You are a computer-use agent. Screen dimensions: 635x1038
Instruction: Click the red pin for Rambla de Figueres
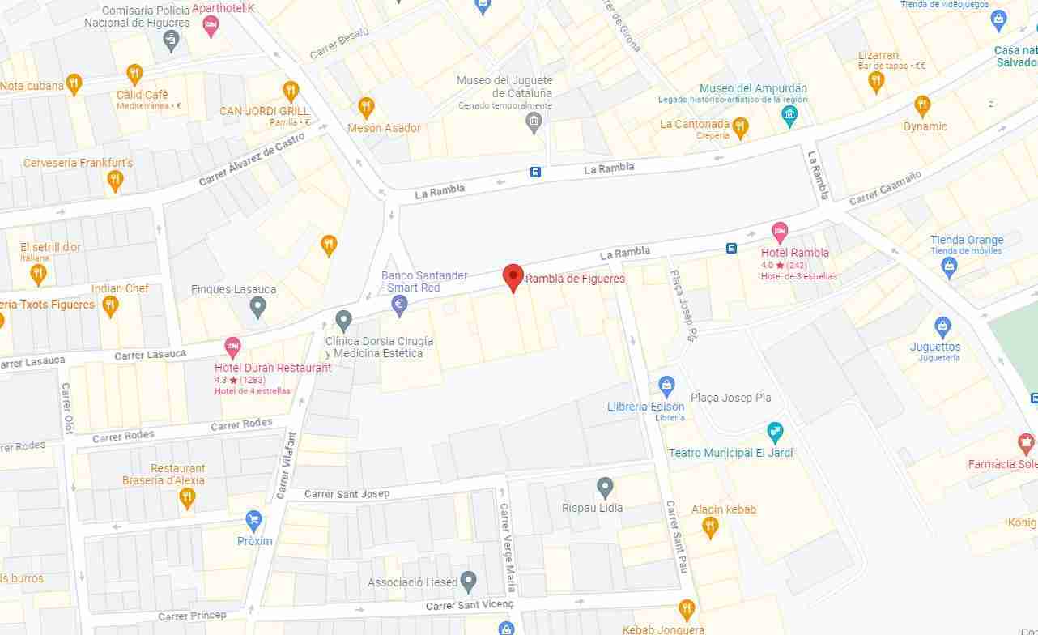513,276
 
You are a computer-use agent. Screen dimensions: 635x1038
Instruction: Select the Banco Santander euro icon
398,305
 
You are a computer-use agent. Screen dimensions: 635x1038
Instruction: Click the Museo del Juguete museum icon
533,122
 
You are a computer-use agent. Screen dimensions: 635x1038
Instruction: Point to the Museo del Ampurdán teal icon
789,116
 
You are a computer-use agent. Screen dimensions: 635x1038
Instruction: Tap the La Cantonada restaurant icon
740,126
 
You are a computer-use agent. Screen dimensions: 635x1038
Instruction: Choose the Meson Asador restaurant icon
366,107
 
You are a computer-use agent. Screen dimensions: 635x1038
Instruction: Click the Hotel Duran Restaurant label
273,368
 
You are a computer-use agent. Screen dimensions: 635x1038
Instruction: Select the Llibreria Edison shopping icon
666,386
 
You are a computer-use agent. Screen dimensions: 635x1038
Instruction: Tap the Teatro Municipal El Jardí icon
775,431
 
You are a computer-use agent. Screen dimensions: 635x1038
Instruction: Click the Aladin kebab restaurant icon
710,527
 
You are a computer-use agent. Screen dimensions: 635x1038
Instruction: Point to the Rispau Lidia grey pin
605,488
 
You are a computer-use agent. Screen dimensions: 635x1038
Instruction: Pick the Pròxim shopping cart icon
254,520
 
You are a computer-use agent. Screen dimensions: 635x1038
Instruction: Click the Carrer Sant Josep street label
347,494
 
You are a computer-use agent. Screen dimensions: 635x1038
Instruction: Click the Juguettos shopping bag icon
942,327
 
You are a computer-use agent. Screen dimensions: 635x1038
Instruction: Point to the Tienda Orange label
966,240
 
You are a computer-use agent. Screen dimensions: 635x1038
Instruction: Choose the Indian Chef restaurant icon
111,305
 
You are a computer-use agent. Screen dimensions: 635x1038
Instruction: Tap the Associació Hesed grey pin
467,582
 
